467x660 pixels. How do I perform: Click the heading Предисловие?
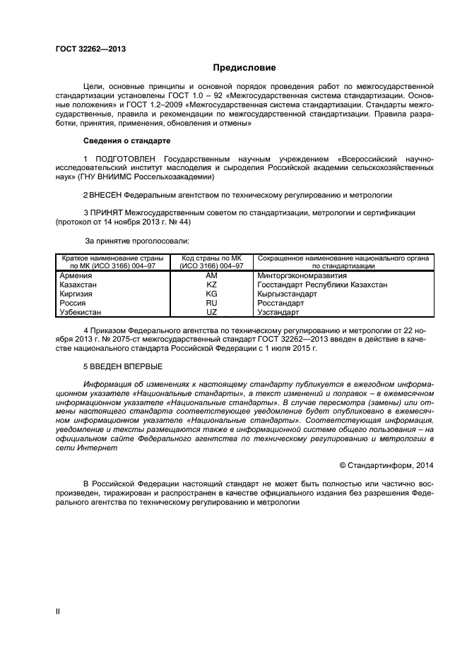tap(244, 68)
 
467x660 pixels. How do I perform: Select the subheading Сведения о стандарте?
tap(126, 141)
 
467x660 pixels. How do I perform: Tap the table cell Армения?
tap(75, 275)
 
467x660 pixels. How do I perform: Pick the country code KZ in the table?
tap(211, 284)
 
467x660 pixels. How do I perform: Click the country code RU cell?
tap(211, 302)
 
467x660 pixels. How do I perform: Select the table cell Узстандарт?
tap(278, 311)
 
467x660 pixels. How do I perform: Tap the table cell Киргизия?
tap(77, 293)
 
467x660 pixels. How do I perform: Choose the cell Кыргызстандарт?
tap(287, 293)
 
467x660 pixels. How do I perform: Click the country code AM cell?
tap(211, 275)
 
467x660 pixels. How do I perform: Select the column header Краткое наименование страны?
tap(111, 258)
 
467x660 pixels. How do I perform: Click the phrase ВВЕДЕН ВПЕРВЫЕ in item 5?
tap(127, 366)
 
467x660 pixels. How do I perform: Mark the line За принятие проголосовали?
tap(132, 240)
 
